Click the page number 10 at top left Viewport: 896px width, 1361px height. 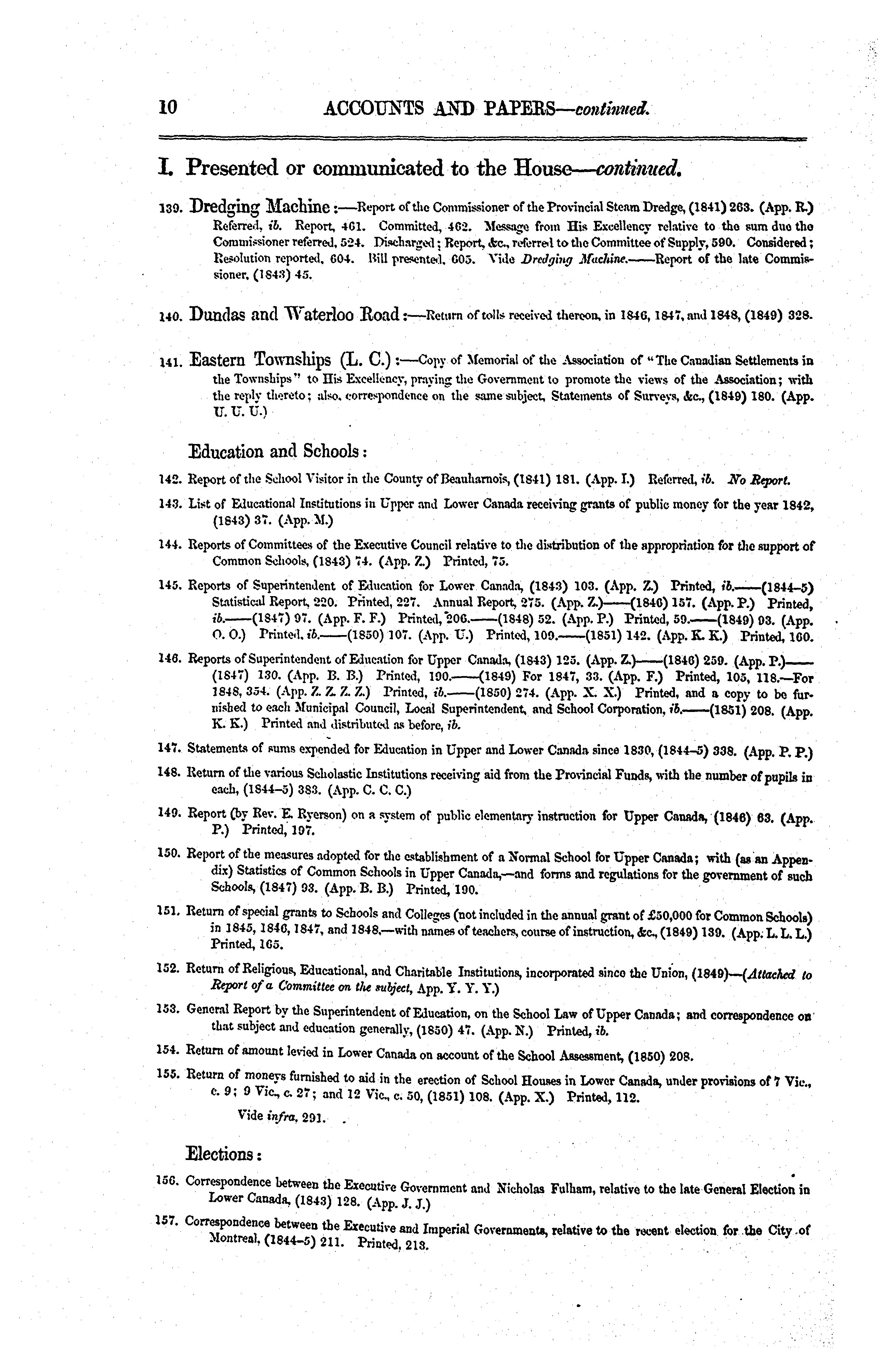[169, 107]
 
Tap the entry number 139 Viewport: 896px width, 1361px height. [170, 210]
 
